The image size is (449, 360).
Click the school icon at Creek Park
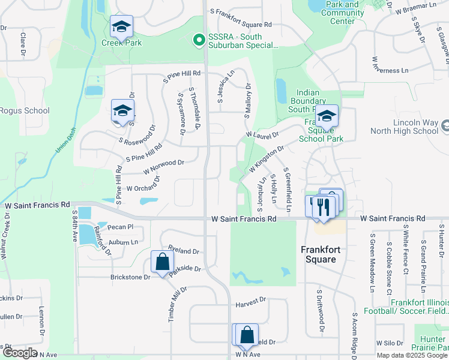pyautogui.click(x=121, y=27)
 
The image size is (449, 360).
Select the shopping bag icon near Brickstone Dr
pyautogui.click(x=162, y=262)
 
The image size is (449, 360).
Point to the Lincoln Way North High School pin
pyautogui.click(x=444, y=127)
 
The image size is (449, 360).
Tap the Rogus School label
pyautogui.click(x=25, y=110)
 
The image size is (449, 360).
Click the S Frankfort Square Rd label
pyautogui.click(x=240, y=25)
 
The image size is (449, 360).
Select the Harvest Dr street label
pyautogui.click(x=250, y=299)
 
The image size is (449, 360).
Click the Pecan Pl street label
pyautogui.click(x=121, y=227)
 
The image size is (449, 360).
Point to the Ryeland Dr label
pyautogui.click(x=183, y=251)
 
